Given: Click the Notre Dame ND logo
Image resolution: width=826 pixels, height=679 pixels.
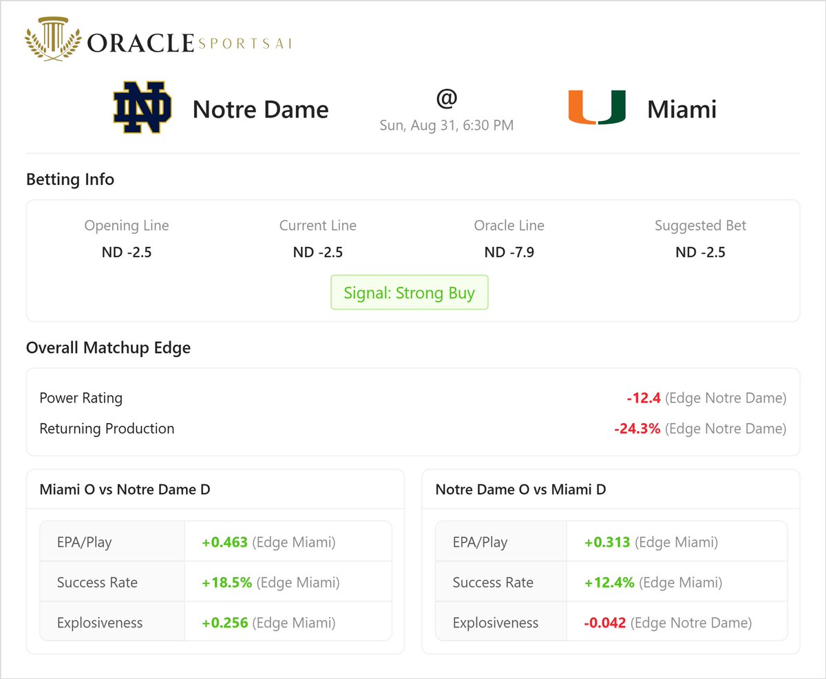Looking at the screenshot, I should pyautogui.click(x=142, y=108).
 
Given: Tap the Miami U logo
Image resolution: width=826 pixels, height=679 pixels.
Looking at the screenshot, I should pyautogui.click(x=596, y=108).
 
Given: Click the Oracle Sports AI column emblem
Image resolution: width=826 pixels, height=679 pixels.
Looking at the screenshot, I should pyautogui.click(x=53, y=43).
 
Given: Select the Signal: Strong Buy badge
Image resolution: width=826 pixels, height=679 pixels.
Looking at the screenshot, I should pyautogui.click(x=410, y=293).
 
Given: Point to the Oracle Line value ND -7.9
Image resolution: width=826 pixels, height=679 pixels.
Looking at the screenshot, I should pyautogui.click(x=509, y=252).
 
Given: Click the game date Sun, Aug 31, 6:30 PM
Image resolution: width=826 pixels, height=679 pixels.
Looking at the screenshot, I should pyautogui.click(x=447, y=125).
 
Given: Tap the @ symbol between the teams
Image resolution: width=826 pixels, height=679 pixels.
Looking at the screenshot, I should pyautogui.click(x=447, y=98).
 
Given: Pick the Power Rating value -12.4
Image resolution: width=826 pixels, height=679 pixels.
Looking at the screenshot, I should pyautogui.click(x=644, y=398).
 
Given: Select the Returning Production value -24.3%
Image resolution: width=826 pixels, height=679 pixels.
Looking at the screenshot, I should pyautogui.click(x=637, y=429).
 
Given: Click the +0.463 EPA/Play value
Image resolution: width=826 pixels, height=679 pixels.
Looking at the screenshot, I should pyautogui.click(x=224, y=542).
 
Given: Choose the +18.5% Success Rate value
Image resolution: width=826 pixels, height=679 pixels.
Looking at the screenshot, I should pyautogui.click(x=226, y=583).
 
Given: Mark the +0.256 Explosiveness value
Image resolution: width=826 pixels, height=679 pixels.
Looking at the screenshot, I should pyautogui.click(x=224, y=623).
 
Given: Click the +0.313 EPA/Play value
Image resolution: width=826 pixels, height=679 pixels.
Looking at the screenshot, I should pyautogui.click(x=607, y=542).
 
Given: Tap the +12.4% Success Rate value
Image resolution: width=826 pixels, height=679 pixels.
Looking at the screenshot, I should pyautogui.click(x=609, y=583).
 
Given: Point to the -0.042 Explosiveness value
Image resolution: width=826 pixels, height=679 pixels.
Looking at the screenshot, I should pyautogui.click(x=605, y=623).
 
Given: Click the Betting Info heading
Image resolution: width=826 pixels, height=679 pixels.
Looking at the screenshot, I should pyautogui.click(x=70, y=180).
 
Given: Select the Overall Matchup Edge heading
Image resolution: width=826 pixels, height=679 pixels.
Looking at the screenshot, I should pyautogui.click(x=108, y=348).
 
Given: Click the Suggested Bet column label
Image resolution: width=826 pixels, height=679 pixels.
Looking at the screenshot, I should pyautogui.click(x=700, y=226).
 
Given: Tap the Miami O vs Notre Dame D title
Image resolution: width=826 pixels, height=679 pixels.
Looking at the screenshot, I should pyautogui.click(x=125, y=490).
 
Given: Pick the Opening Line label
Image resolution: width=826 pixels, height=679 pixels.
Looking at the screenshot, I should pyautogui.click(x=127, y=226).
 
